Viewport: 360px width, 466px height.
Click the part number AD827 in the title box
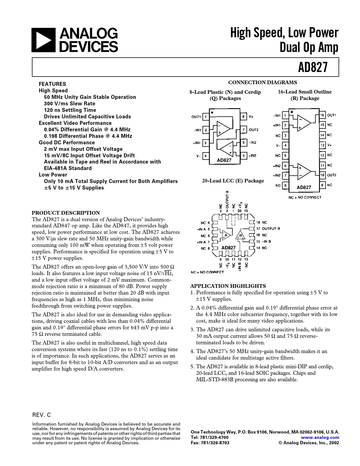[313, 67]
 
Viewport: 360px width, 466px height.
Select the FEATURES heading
[52, 84]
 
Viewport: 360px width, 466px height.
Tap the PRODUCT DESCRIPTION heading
[66, 213]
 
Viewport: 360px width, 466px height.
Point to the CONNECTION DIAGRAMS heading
[262, 82]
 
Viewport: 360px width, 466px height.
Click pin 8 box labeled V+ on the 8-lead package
[243, 116]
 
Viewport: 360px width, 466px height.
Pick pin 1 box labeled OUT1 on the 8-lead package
[206, 117]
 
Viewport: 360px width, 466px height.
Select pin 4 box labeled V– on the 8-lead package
[206, 156]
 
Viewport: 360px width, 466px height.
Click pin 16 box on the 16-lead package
[322, 115]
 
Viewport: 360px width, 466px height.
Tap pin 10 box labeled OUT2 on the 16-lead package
[322, 175]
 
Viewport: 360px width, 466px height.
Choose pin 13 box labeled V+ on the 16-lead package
[322, 145]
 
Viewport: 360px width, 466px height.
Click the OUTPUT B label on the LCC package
[271, 228]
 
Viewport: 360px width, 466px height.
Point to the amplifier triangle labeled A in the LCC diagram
[226, 235]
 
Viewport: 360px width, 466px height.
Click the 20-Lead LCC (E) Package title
[233, 181]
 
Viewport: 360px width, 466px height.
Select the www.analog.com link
[320, 437]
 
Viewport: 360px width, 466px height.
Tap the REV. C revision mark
[42, 415]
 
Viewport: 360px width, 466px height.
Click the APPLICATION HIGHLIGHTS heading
[228, 286]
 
